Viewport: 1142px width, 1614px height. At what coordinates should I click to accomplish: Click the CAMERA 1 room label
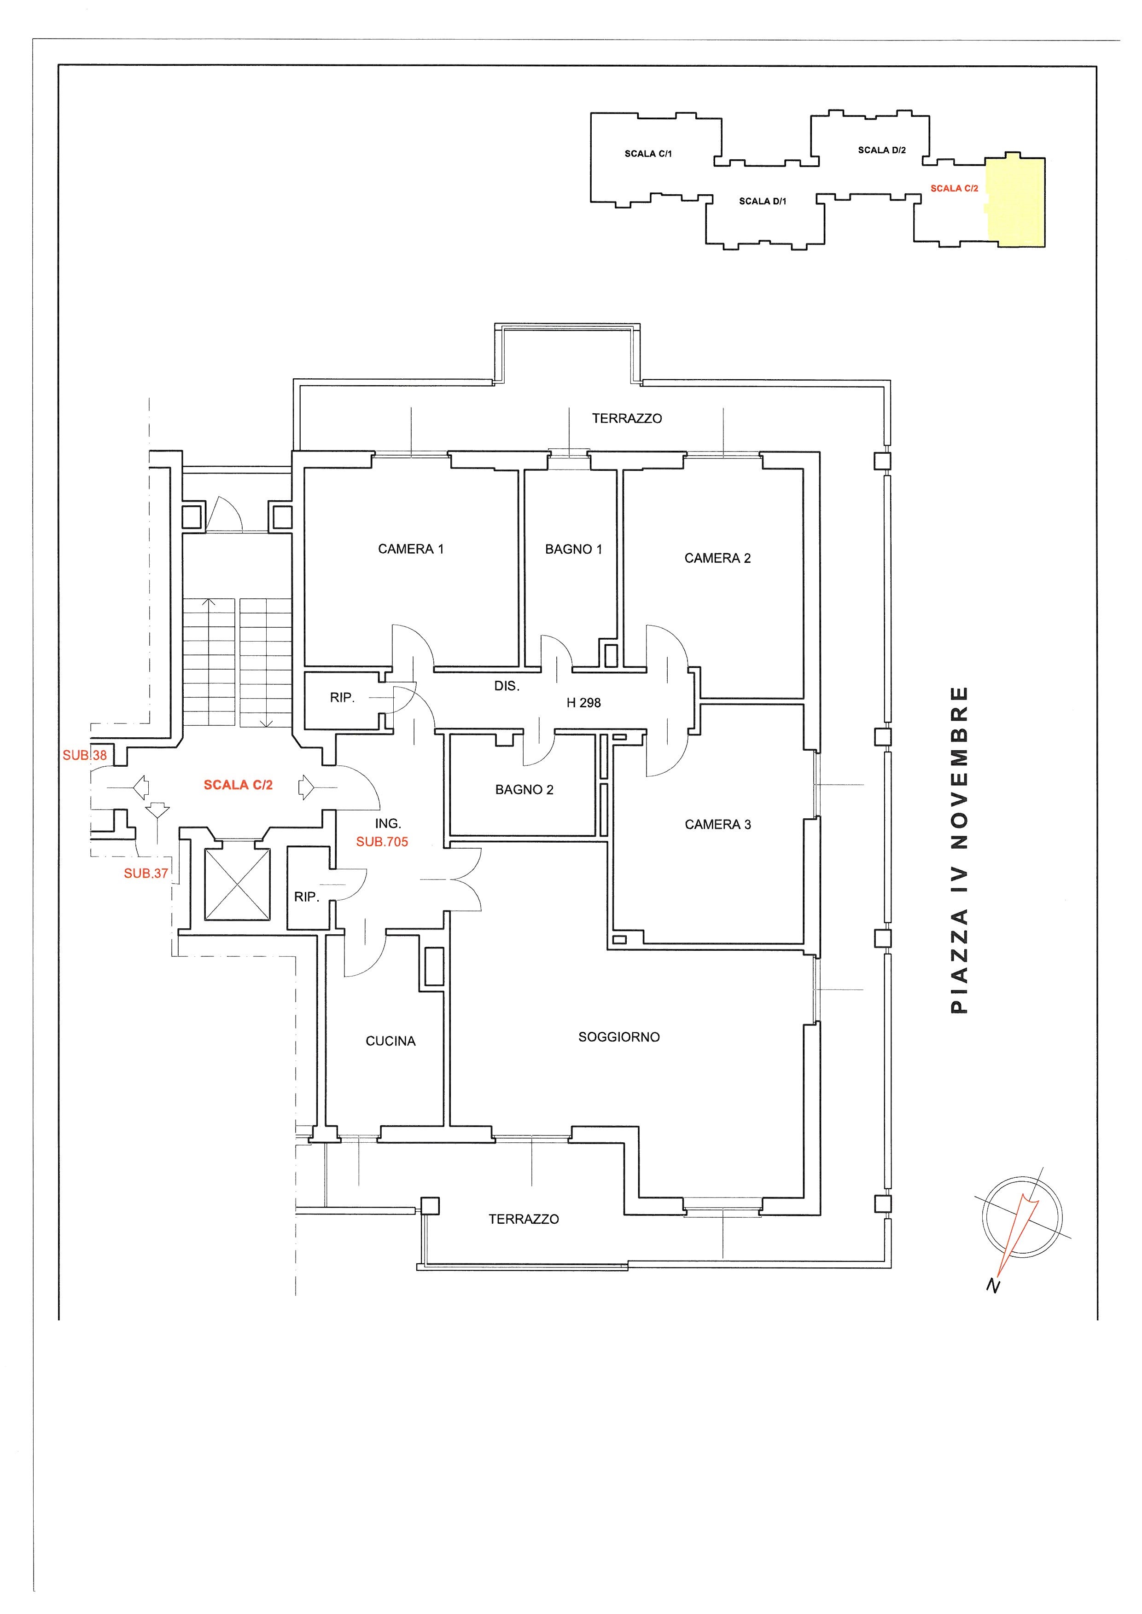click(x=411, y=549)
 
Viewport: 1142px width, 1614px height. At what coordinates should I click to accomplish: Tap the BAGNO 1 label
click(x=573, y=549)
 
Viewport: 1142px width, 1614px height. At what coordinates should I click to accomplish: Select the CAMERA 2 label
click(x=717, y=558)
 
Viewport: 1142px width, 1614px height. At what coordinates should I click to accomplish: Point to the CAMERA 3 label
click(x=717, y=825)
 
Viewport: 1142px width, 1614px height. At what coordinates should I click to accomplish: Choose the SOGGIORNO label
click(x=619, y=1037)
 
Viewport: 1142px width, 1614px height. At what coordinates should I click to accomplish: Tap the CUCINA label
click(x=390, y=1041)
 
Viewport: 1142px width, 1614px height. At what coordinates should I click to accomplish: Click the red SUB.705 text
click(x=382, y=841)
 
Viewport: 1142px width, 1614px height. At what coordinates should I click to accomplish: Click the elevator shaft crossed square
click(x=237, y=885)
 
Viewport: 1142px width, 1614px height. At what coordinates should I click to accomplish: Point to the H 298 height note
click(x=583, y=702)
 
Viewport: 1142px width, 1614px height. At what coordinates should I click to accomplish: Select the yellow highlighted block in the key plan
click(x=1015, y=201)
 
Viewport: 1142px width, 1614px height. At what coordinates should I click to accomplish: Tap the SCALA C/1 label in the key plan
click(x=648, y=153)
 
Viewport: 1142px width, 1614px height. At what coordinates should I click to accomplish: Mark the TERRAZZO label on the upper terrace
click(x=627, y=418)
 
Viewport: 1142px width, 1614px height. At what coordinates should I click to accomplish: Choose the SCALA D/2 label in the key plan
click(x=882, y=150)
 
